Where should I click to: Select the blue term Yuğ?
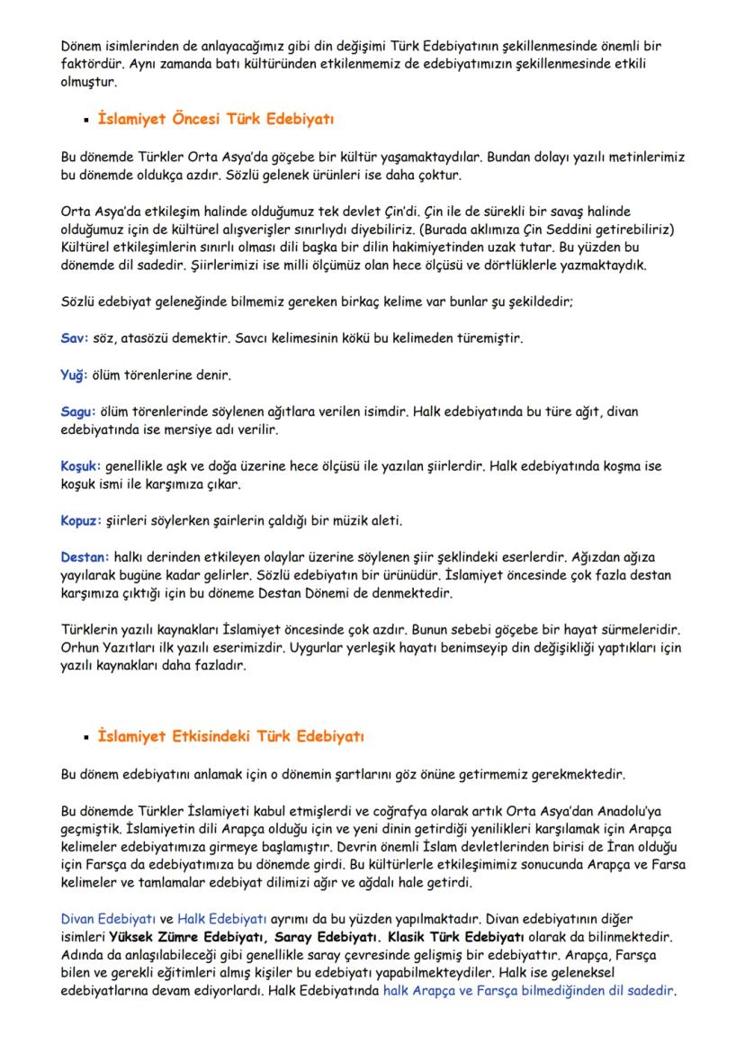point(76,374)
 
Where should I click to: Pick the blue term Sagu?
point(78,410)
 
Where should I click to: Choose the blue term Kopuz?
point(81,521)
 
